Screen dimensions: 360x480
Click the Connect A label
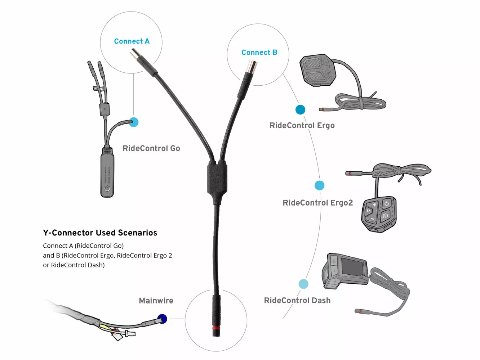coord(132,41)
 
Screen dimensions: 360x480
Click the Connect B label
coord(259,53)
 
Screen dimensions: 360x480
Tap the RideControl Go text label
coord(151,148)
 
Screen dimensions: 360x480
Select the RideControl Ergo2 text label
coord(317,203)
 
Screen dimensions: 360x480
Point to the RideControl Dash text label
coord(297,300)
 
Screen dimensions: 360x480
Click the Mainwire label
coord(156,301)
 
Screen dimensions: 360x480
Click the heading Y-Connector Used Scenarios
coord(100,233)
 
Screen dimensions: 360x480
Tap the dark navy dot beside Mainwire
coord(162,319)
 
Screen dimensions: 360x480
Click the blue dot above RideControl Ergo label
coord(300,109)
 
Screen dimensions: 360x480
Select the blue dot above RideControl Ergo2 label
coord(319,185)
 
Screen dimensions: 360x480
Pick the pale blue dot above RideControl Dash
coord(303,284)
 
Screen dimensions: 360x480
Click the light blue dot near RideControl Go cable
coord(134,122)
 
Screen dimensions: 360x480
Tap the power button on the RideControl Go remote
coord(107,188)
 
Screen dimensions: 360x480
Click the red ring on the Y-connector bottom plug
coord(216,328)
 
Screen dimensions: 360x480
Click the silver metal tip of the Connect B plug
coord(251,67)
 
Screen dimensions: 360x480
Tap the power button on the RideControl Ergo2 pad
coord(387,204)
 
